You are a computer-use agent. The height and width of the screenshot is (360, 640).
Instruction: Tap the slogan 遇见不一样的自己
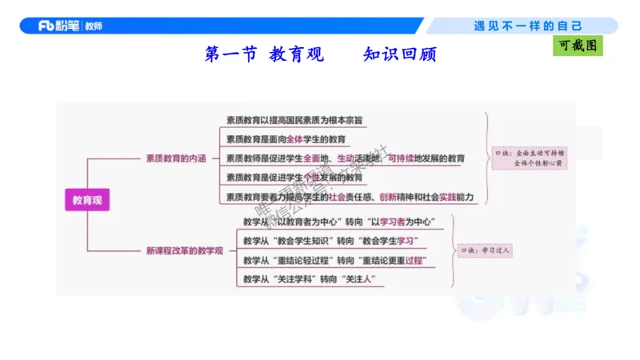click(x=527, y=26)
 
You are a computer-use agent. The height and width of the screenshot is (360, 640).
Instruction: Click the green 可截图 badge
click(x=578, y=46)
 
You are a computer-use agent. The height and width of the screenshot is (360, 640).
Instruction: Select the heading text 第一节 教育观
click(x=264, y=55)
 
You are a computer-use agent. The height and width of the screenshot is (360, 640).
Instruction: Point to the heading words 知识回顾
click(x=400, y=55)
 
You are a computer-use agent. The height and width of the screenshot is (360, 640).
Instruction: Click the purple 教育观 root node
click(x=86, y=201)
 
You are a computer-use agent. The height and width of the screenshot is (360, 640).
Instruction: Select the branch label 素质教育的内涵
click(x=175, y=158)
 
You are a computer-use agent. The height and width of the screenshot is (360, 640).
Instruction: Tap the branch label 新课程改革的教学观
click(x=184, y=251)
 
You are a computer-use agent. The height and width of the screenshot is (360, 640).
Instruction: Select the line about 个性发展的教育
click(x=294, y=177)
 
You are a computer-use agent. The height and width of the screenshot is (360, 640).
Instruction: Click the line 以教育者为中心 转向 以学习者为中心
click(x=338, y=222)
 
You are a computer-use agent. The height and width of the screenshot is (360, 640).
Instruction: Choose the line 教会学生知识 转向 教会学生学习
click(x=330, y=241)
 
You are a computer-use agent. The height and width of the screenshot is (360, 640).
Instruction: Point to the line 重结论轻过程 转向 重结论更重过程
click(x=334, y=260)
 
